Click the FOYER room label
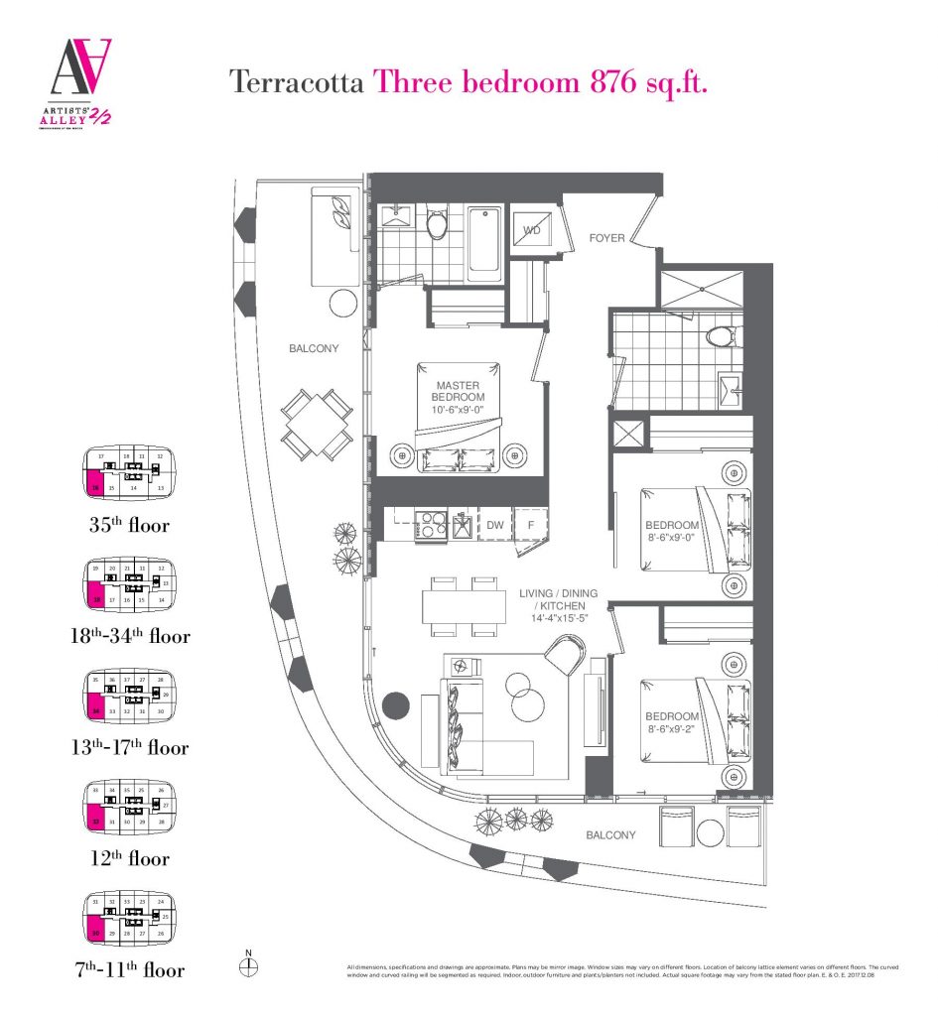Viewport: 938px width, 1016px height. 606,238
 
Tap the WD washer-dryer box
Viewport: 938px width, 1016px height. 531,231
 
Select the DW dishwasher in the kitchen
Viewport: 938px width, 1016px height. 495,525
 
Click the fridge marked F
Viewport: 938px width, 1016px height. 531,525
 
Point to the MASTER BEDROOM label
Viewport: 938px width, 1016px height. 457,391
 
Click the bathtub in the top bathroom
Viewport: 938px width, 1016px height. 484,239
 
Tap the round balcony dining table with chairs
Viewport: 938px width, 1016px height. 316,423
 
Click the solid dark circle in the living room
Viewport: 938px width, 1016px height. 396,705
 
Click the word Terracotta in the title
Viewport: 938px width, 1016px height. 295,81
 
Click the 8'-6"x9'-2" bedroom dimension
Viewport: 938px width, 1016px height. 673,728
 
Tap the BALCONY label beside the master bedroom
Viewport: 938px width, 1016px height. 314,348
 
